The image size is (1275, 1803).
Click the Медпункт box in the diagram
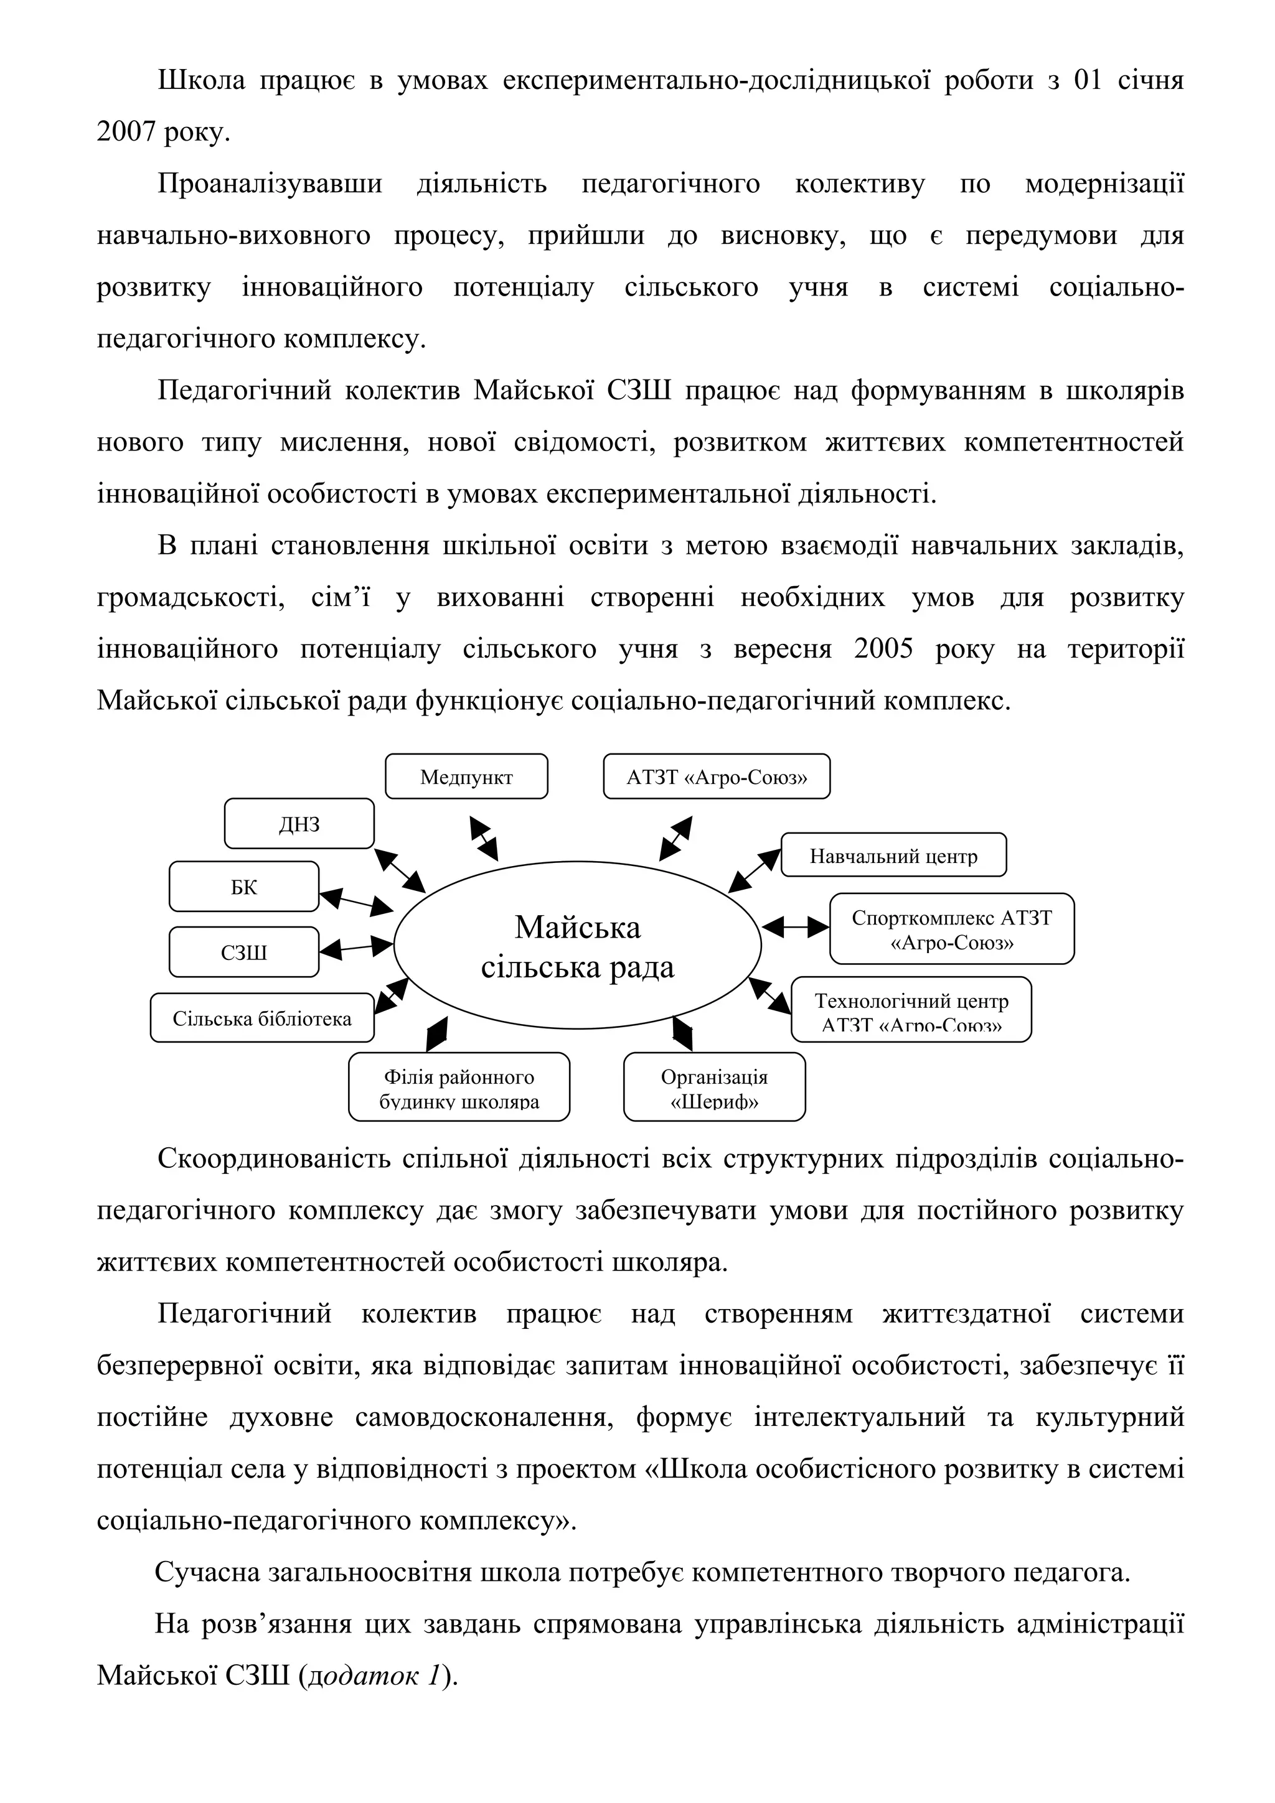click(466, 776)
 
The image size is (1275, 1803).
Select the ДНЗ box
click(299, 824)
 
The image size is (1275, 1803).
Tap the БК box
click(244, 887)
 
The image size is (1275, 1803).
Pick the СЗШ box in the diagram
click(244, 952)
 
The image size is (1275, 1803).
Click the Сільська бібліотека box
click(262, 1018)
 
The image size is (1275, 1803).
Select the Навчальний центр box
click(893, 855)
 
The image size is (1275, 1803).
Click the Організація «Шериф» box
click(714, 1088)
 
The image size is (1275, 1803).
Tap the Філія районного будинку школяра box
click(459, 1088)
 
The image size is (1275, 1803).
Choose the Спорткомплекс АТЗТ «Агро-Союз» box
click(951, 929)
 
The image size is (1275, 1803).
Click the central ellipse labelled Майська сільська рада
click(577, 946)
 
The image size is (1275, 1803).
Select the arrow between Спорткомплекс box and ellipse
click(795, 928)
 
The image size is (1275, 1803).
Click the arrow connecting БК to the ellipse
click(356, 901)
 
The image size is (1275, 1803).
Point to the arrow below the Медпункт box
click(483, 838)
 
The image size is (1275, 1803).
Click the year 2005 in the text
click(883, 650)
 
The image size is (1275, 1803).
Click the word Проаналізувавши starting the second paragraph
click(270, 184)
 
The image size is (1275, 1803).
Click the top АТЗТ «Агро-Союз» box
click(717, 776)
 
